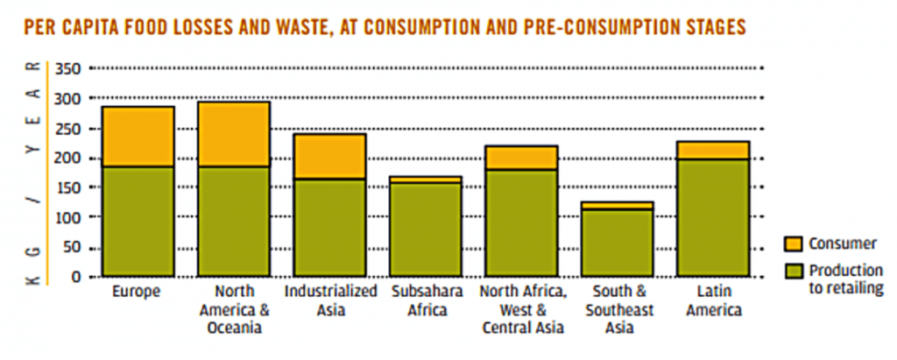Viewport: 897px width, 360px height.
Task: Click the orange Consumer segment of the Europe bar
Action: (x=138, y=137)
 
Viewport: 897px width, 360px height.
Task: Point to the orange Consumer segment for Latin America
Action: (x=712, y=150)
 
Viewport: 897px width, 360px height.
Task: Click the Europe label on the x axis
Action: (x=138, y=291)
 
